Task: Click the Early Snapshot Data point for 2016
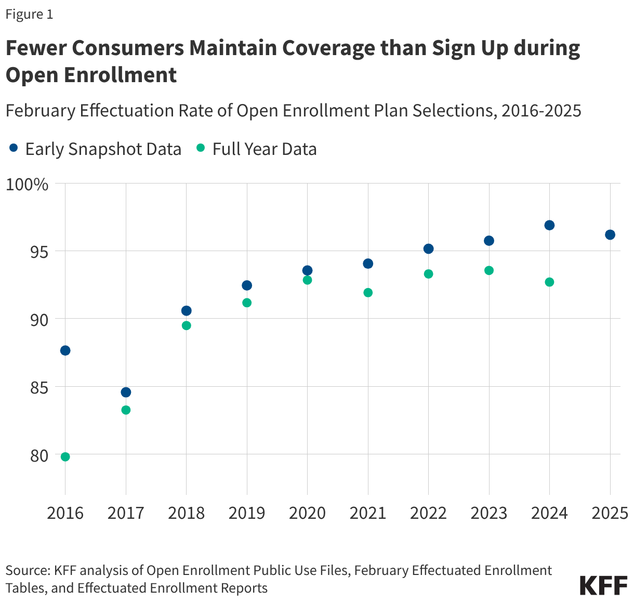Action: tap(65, 350)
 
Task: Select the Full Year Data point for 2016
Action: tap(65, 457)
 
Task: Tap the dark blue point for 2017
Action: tap(126, 392)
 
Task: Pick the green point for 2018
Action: tap(186, 325)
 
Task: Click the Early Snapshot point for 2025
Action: tap(610, 234)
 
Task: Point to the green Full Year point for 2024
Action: tap(549, 282)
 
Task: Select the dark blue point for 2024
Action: tap(549, 225)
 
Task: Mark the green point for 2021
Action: tap(368, 293)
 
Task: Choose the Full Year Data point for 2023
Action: tap(489, 270)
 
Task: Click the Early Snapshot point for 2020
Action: tap(307, 270)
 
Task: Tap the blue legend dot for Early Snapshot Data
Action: tap(14, 149)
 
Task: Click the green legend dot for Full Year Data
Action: tap(201, 149)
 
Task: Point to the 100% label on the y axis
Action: tap(27, 184)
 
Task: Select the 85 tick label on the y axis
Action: tap(38, 387)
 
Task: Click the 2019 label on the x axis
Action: tap(247, 513)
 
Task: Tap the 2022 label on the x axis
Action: tap(428, 513)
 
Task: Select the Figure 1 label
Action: tap(29, 15)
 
